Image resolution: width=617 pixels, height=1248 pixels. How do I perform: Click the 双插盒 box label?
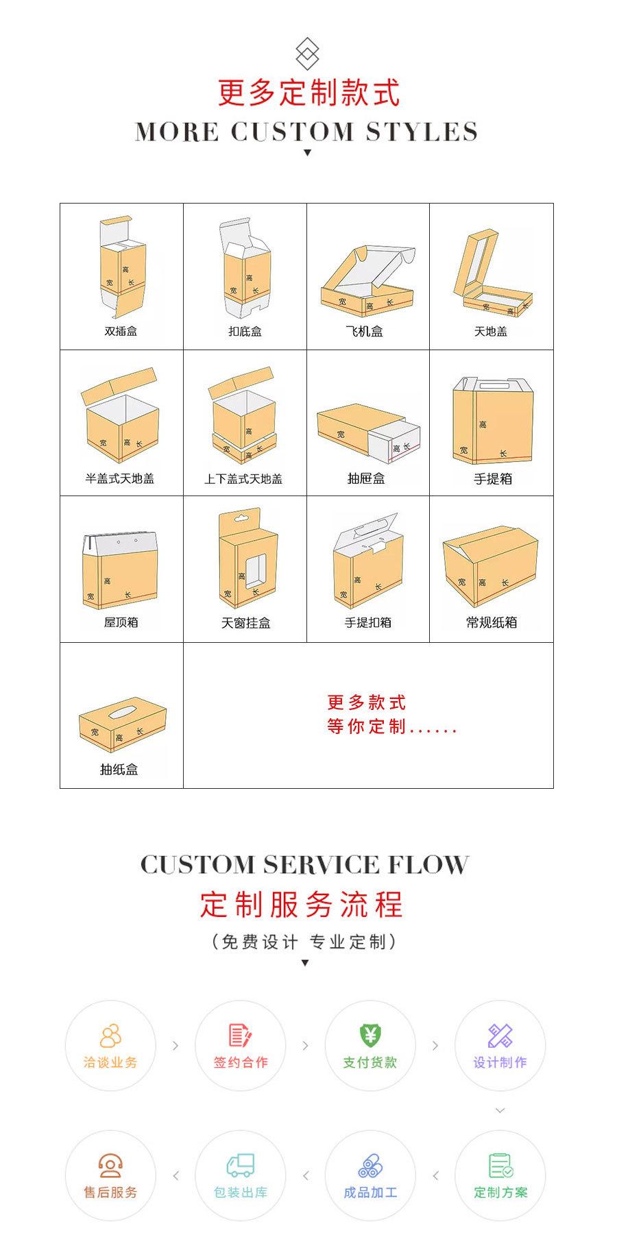(121, 331)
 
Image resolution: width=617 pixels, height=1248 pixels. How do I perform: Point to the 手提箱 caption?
(492, 478)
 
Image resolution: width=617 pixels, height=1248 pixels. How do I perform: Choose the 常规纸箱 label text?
(492, 622)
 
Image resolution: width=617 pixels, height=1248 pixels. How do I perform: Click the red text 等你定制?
(366, 726)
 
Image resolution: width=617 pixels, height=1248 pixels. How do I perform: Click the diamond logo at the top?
(307, 53)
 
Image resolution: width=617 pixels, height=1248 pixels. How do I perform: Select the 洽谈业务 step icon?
(110, 1036)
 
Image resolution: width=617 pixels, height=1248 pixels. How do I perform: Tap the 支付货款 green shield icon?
(370, 1035)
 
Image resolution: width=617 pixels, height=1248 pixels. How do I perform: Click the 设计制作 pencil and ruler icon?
(500, 1036)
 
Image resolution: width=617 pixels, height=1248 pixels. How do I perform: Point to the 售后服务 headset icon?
(110, 1165)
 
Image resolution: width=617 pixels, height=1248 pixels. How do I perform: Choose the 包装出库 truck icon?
(240, 1165)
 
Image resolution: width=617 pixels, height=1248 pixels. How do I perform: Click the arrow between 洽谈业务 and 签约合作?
(176, 1046)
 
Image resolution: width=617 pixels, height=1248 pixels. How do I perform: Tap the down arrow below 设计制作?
(500, 1110)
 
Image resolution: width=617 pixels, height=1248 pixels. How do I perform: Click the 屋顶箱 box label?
(121, 622)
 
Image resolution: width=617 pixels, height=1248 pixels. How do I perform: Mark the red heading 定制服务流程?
(302, 905)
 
